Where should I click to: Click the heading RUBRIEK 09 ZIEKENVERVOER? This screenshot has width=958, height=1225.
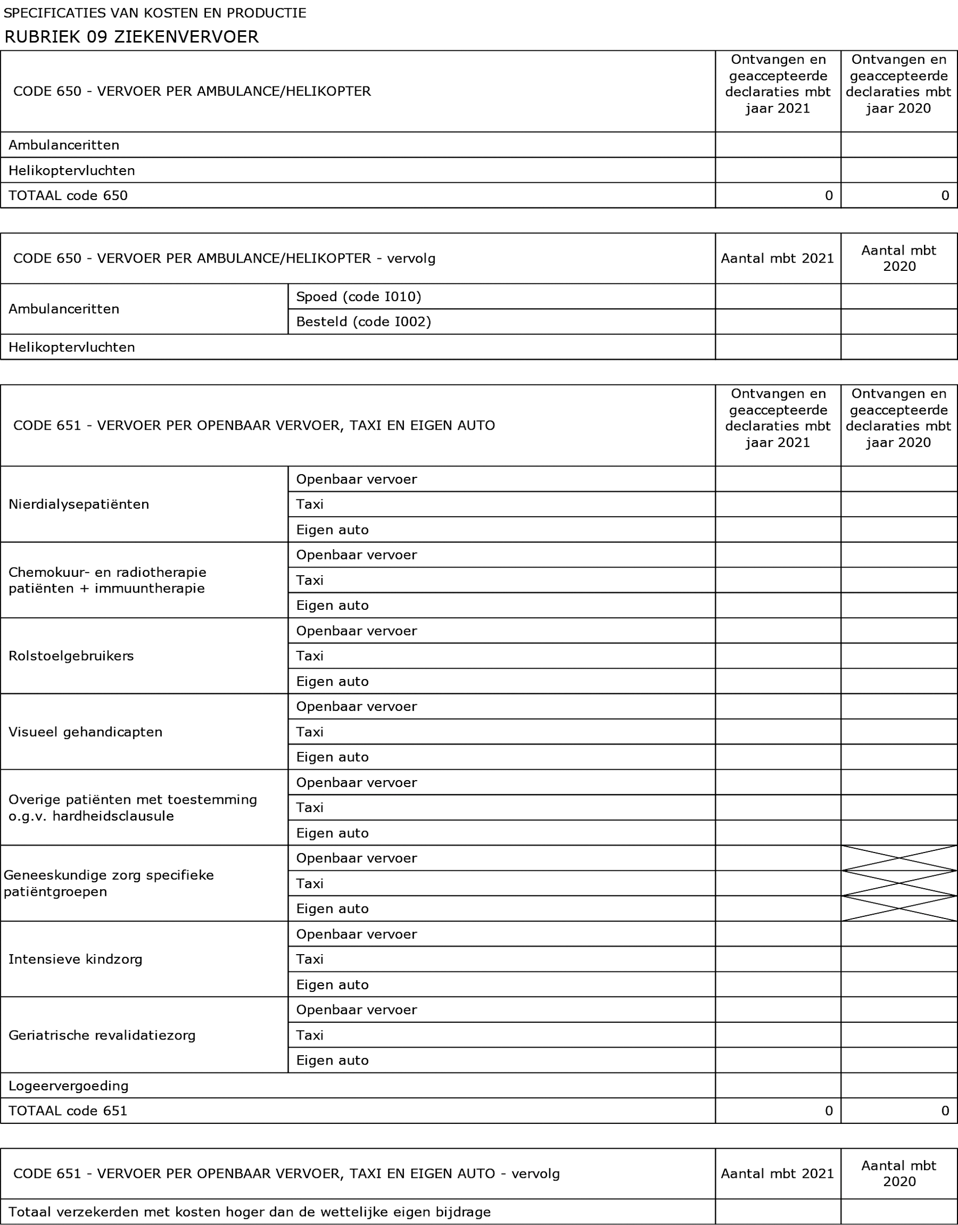(131, 37)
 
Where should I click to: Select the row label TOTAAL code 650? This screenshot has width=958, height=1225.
(68, 195)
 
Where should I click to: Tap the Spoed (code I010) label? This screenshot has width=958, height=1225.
(358, 296)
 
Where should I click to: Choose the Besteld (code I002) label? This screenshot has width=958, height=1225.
(363, 322)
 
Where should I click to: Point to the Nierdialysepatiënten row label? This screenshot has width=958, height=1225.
(78, 504)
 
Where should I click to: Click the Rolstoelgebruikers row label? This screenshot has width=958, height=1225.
(71, 656)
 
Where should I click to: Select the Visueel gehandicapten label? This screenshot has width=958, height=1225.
(85, 731)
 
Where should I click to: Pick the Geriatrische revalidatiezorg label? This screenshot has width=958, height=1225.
(102, 1035)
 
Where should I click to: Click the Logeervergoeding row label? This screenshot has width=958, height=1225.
(69, 1086)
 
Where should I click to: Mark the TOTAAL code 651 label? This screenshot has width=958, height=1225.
(68, 1110)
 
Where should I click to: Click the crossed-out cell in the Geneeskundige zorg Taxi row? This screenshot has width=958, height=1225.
(899, 883)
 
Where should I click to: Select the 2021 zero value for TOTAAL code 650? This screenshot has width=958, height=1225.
(828, 195)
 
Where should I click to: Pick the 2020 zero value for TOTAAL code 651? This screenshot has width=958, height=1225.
(944, 1110)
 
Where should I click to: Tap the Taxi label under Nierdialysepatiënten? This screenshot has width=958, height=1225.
(310, 504)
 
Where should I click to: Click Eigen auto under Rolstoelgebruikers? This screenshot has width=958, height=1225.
(332, 681)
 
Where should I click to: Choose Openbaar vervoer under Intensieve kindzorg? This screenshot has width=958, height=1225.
(356, 934)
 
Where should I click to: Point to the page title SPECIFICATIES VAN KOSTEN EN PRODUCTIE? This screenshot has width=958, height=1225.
(155, 13)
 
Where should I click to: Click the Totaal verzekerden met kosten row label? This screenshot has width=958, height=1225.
(250, 1211)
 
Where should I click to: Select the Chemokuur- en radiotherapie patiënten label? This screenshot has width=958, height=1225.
(107, 580)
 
